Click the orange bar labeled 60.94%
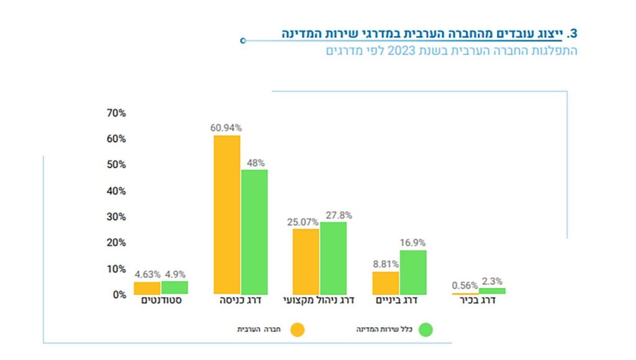pyautogui.click(x=227, y=214)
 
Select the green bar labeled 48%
pyautogui.click(x=254, y=232)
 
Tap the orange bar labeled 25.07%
pyautogui.click(x=306, y=261)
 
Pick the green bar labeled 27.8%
pyautogui.click(x=333, y=258)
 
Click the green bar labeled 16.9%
pyautogui.click(x=413, y=272)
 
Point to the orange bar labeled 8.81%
pyautogui.click(x=386, y=282)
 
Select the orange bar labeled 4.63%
pyautogui.click(x=147, y=288)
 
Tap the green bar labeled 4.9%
pyautogui.click(x=175, y=287)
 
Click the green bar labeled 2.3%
pyautogui.click(x=493, y=290)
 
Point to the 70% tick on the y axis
pyautogui.click(x=116, y=113)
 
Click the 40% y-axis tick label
pyautogui.click(x=116, y=191)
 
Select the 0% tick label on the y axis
pyautogui.click(x=118, y=295)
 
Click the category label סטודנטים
pyautogui.click(x=161, y=301)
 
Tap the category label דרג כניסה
pyautogui.click(x=241, y=301)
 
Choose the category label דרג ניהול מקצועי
pyautogui.click(x=319, y=301)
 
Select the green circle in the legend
pyautogui.click(x=426, y=330)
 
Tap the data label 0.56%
pyautogui.click(x=465, y=286)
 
